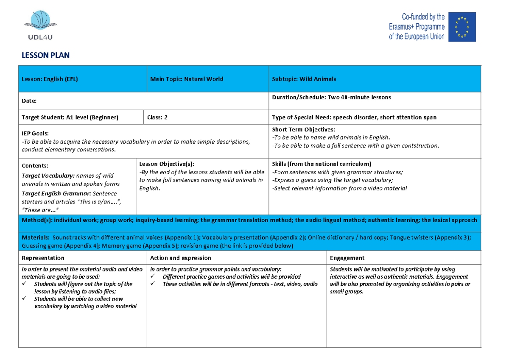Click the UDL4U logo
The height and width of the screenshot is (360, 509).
tap(41, 26)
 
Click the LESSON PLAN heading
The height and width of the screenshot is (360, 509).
tap(45, 55)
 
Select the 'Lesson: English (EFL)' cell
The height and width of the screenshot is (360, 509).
tap(50, 79)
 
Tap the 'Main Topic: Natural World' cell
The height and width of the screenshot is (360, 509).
tap(187, 79)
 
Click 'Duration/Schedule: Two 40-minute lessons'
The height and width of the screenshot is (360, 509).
tap(331, 98)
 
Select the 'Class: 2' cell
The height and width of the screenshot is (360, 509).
tap(157, 117)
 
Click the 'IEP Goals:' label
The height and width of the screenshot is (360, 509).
tap(35, 133)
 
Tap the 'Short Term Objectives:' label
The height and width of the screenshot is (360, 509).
tap(303, 129)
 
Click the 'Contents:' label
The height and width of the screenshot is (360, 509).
tap(35, 166)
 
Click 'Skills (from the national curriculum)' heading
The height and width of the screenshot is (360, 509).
tap(321, 164)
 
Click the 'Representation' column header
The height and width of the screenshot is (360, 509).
tap(43, 258)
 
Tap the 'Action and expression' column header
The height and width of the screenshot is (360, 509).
tap(180, 258)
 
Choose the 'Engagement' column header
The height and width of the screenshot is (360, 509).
tap(347, 258)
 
